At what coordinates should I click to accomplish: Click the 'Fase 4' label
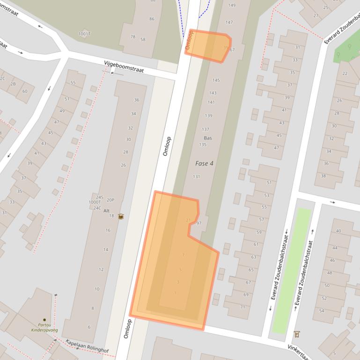[x=204, y=163]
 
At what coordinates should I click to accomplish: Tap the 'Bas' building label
[x=208, y=138]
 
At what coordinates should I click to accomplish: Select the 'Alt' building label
[x=106, y=211]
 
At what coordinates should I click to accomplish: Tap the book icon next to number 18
[x=121, y=216]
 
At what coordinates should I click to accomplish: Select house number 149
[x=231, y=5]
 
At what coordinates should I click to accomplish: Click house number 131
[x=197, y=176]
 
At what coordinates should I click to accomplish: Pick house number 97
[x=198, y=223]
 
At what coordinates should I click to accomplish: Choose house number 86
[x=152, y=19]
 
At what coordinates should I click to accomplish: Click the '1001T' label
[x=84, y=34]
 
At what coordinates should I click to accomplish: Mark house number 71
[x=242, y=307]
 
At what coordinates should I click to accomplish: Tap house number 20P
[x=110, y=200]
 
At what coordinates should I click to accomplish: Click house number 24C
[x=97, y=208]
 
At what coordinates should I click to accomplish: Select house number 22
[x=345, y=73]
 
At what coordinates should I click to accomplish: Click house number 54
[x=322, y=311]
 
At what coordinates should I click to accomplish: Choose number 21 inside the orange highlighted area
[x=188, y=220]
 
